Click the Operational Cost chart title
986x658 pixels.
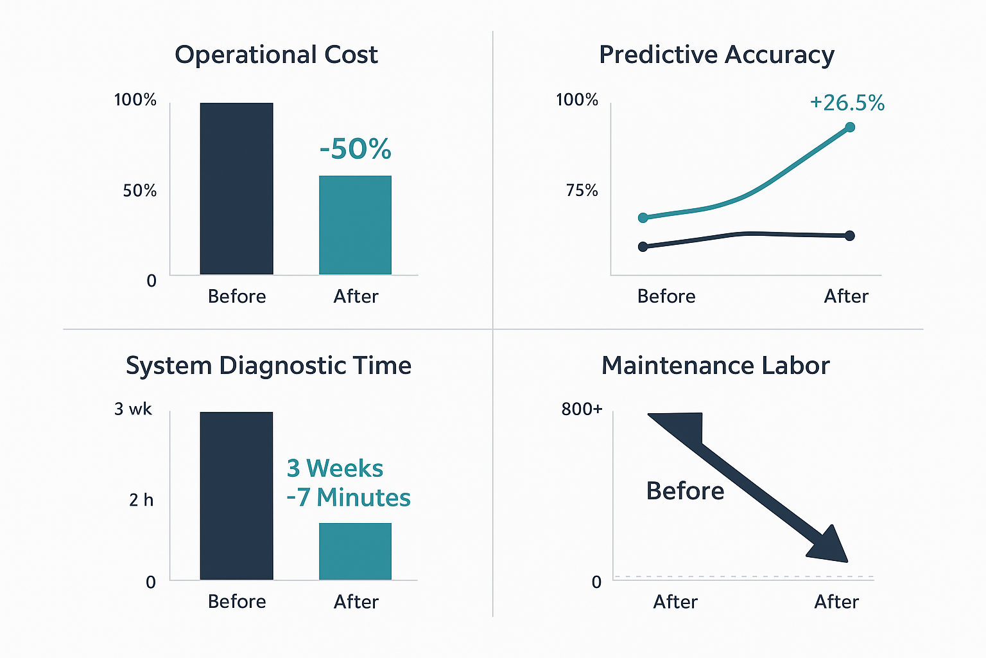276,55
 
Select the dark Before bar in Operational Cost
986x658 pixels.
236,189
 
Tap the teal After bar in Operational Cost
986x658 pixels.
355,225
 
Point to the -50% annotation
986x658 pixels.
355,149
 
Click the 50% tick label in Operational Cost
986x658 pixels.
139,191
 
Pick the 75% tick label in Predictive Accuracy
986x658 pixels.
582,191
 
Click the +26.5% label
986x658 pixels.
847,103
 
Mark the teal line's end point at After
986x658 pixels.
850,127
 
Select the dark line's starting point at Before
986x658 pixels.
643,247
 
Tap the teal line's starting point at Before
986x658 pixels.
643,218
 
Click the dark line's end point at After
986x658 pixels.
850,236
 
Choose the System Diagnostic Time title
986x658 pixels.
268,366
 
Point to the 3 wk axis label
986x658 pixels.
133,409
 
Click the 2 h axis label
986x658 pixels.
141,500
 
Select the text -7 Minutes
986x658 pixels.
349,498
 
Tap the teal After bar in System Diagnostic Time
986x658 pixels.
355,551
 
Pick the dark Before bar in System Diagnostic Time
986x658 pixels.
236,496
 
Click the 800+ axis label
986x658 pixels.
582,409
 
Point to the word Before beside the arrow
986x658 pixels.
685,491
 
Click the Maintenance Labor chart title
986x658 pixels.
715,366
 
